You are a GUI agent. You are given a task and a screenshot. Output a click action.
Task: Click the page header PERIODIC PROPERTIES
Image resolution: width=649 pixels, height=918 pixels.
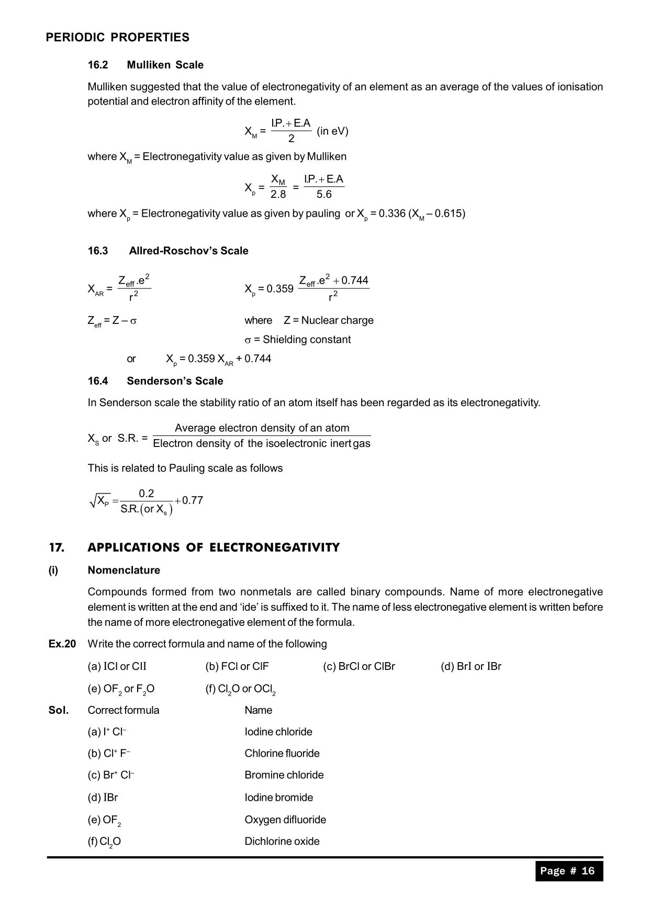pos(117,38)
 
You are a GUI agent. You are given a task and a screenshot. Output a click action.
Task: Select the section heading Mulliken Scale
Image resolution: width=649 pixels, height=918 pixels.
pos(165,65)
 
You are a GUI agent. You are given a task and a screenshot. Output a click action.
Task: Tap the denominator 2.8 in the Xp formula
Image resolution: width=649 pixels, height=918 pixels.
pos(278,195)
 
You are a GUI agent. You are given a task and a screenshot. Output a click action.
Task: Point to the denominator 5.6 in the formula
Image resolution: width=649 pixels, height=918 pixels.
pos(324,195)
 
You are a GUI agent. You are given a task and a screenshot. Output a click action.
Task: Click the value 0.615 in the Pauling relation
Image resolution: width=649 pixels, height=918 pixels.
pos(448,214)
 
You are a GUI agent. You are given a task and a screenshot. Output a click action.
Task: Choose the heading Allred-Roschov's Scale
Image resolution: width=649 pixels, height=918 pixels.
pos(188,251)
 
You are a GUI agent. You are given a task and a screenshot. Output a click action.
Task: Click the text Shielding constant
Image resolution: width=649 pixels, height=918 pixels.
pos(307,340)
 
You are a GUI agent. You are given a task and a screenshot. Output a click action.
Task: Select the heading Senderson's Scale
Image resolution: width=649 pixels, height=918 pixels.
pos(175,381)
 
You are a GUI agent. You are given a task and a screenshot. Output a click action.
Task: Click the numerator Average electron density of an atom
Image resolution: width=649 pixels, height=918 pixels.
pos(262,428)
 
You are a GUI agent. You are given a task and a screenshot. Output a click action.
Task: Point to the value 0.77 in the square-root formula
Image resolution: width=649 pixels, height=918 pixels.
pos(192,500)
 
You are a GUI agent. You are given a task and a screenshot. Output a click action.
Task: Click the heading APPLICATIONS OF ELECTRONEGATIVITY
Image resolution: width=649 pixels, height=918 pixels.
pos(214,548)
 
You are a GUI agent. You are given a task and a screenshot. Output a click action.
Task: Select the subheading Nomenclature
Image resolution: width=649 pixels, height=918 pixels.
pos(124,570)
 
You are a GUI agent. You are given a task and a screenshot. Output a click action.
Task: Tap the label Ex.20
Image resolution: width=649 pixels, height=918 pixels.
pos(62,644)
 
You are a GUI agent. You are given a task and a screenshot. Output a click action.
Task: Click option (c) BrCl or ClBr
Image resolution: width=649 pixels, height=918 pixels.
pos(359,667)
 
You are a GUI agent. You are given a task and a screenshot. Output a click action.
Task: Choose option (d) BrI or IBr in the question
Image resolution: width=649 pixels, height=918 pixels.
pos(471,667)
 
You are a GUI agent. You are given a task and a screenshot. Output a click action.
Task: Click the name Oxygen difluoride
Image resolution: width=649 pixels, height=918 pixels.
pos(285,820)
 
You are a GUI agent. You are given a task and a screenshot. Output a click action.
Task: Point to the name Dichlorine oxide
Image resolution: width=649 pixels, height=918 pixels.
pos(282,841)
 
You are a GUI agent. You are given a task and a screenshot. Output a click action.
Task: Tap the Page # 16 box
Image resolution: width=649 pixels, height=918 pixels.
pos(568,871)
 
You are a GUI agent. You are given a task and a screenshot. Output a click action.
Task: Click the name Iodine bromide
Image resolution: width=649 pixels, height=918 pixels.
pos(278,798)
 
